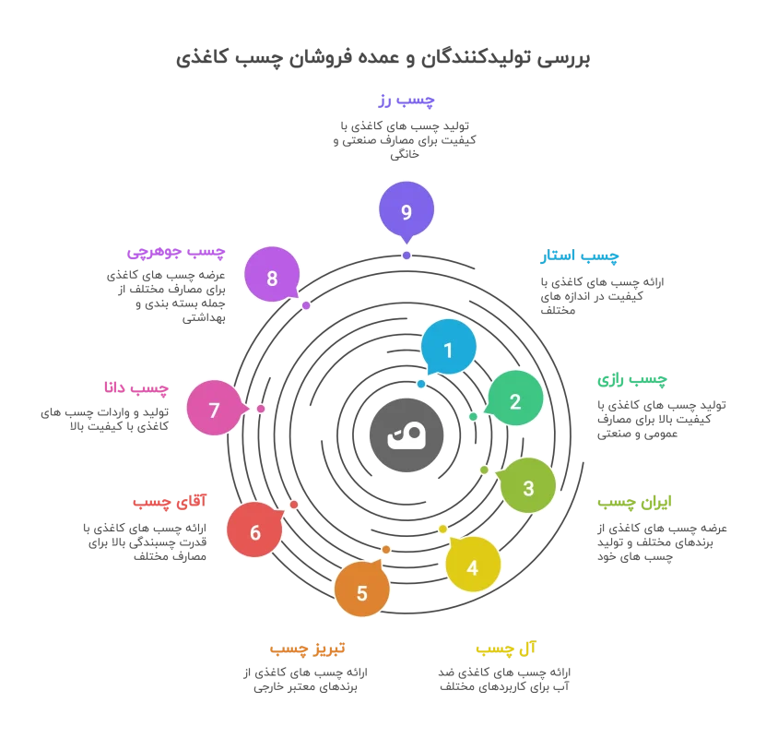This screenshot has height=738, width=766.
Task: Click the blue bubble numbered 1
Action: pyautogui.click(x=449, y=348)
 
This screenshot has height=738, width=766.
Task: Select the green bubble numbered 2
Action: pyautogui.click(x=515, y=399)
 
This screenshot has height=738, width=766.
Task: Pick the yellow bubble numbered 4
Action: pyautogui.click(x=473, y=565)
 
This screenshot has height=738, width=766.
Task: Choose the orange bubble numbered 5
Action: pyautogui.click(x=361, y=590)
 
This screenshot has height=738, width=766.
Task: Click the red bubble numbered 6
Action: pyautogui.click(x=254, y=530)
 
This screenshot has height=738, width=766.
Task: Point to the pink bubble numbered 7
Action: pyautogui.click(x=214, y=408)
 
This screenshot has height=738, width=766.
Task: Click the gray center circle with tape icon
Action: pyautogui.click(x=407, y=435)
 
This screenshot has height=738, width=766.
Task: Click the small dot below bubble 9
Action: pyautogui.click(x=407, y=256)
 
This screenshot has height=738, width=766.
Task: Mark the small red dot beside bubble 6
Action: pyautogui.click(x=294, y=505)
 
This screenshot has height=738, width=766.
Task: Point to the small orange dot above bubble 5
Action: pyautogui.click(x=386, y=550)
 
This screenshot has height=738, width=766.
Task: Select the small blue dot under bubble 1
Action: pyautogui.click(x=421, y=384)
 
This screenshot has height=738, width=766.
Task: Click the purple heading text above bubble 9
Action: pyautogui.click(x=406, y=101)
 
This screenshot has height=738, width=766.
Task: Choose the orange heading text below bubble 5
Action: pyautogui.click(x=306, y=649)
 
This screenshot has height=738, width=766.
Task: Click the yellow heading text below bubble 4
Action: pyautogui.click(x=506, y=649)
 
